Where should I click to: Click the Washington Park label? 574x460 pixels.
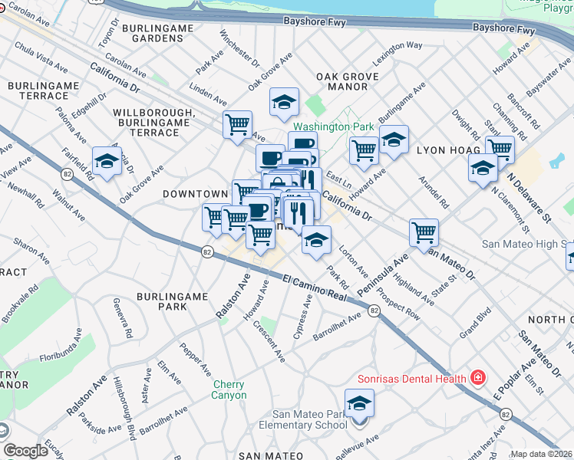pos(333,127)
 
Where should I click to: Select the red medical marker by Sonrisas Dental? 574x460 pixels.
pos(477,377)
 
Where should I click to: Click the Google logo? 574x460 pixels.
pos(25,451)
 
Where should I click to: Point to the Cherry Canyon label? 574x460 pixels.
pos(229,389)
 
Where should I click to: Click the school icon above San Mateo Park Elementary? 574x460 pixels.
pos(359,402)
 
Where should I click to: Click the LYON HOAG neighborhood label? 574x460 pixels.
pos(441,151)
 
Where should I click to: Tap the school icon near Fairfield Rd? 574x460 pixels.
pos(107,161)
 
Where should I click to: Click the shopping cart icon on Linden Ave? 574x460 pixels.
pos(238,123)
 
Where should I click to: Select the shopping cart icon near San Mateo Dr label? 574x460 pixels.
pos(424,231)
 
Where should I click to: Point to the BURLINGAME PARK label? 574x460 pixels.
pos(161,301)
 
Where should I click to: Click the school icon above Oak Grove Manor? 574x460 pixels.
pos(284,101)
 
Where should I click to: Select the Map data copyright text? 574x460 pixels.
pos(541,454)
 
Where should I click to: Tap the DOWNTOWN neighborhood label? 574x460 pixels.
pos(195,195)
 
